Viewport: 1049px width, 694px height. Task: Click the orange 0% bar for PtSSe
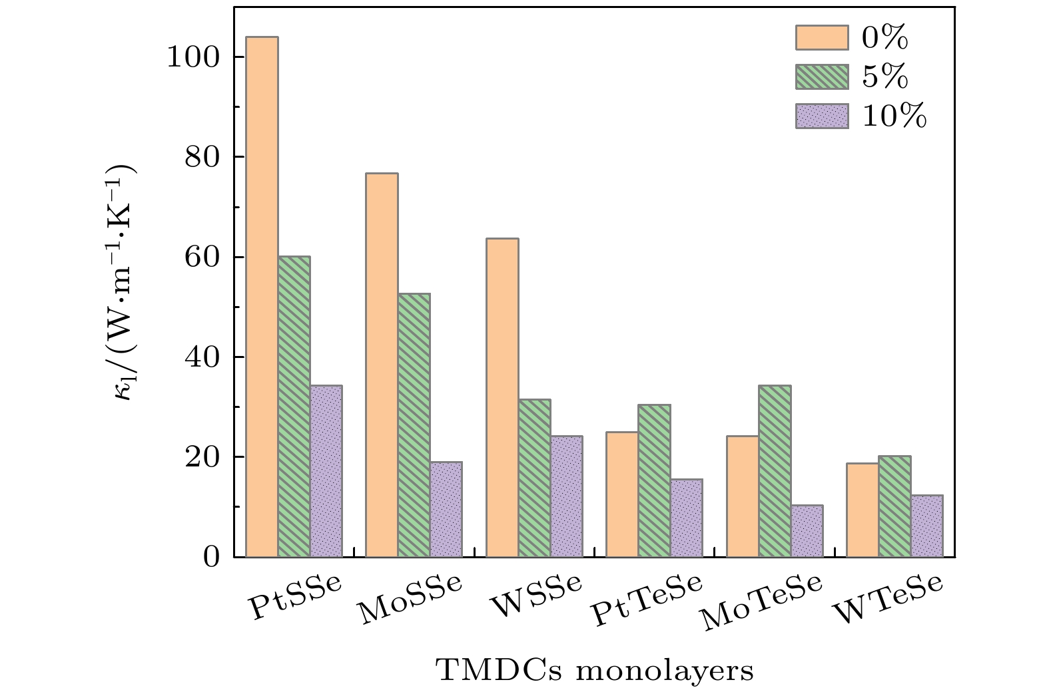(262, 297)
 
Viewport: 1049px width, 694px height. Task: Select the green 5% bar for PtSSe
(294, 407)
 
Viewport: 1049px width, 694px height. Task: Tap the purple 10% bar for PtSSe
(326, 471)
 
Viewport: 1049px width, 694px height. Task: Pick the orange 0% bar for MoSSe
(382, 365)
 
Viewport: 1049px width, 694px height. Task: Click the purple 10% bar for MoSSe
(446, 509)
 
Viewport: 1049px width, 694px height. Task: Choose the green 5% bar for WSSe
(535, 478)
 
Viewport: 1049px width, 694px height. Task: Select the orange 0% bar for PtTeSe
(623, 494)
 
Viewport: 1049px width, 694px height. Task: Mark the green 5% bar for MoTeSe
(775, 471)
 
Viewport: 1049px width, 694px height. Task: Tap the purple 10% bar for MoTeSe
(807, 531)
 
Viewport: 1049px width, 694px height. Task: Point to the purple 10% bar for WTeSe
(927, 526)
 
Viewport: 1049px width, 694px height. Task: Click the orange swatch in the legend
(821, 38)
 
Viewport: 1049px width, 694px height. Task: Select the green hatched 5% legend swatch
(821, 77)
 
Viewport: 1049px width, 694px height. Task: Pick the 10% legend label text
(894, 117)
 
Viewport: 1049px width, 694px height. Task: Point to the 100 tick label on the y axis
(192, 57)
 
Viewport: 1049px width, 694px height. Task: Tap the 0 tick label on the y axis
(212, 557)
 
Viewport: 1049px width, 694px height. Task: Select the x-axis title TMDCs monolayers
(595, 670)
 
